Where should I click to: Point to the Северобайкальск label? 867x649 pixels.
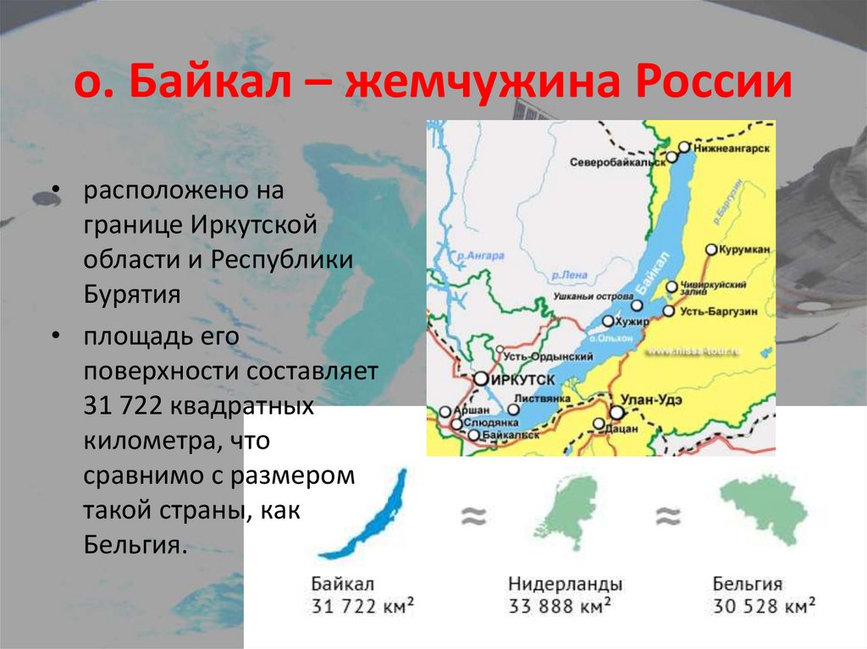tap(616, 162)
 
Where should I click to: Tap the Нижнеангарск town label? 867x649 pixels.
tap(731, 147)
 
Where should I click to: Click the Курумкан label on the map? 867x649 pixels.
tap(746, 250)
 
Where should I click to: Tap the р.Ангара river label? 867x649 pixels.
tap(479, 255)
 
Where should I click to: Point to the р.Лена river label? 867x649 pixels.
tap(570, 275)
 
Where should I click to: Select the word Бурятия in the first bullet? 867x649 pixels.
tap(131, 294)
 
